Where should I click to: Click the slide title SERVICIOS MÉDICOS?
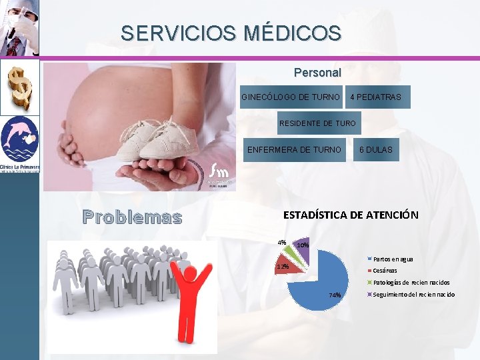tap(231, 32)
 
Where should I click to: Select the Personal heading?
tap(317, 72)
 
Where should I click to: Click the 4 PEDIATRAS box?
tap(375, 97)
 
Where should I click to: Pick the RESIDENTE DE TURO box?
tap(317, 123)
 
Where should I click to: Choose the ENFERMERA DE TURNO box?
tap(294, 150)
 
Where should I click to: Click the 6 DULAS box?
tap(375, 150)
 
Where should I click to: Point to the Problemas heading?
tap(132, 217)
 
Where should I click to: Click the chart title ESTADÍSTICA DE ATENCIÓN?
tap(351, 215)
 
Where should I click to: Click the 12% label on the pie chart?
tap(283, 267)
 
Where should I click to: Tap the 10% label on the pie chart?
tap(302, 245)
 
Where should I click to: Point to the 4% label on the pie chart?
tap(282, 242)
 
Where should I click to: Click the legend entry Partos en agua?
tap(393, 259)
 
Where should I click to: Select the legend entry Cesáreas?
tap(385, 271)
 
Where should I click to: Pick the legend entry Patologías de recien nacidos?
tap(411, 283)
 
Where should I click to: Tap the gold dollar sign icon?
tap(19, 87)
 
